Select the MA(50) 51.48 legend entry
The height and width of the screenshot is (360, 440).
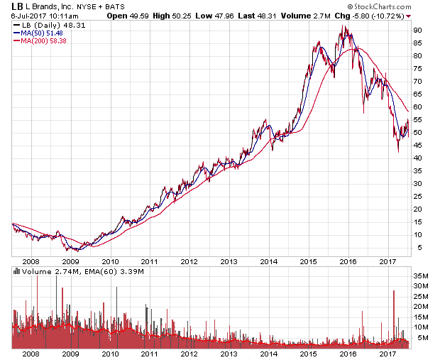coord(37,33)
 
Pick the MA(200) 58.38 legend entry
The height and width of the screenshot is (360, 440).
coord(39,40)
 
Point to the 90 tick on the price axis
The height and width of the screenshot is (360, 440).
coord(419,30)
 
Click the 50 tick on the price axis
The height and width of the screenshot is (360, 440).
coord(419,132)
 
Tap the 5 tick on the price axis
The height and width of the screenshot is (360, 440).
coord(417,247)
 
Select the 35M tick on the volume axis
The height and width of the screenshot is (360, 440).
coord(422,276)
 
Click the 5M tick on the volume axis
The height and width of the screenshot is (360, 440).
coord(420,337)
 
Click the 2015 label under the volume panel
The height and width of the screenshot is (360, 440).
coord(307,353)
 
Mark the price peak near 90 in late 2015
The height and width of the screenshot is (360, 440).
coord(344,27)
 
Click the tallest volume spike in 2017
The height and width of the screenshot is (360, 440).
coord(392,290)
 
